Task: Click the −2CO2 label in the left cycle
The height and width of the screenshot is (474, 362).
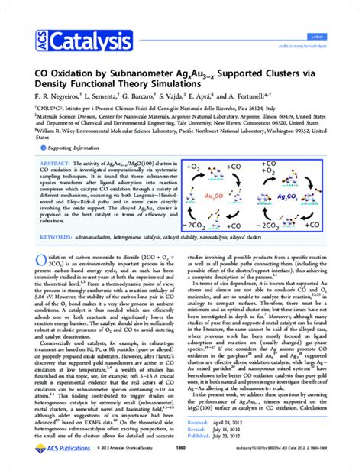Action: [202, 226]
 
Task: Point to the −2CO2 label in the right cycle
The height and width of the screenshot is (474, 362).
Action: [266, 226]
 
